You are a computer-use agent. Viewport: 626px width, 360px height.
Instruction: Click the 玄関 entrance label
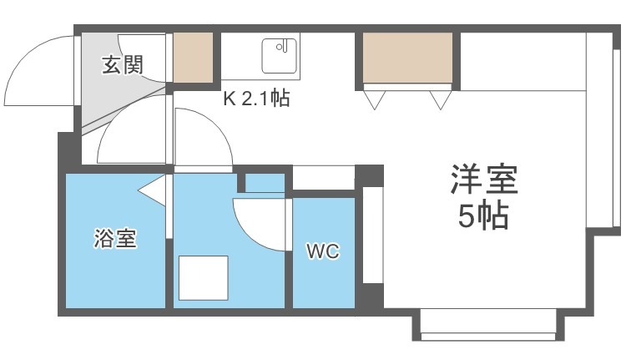(x=123, y=65)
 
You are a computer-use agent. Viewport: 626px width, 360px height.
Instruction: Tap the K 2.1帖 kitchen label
(x=255, y=99)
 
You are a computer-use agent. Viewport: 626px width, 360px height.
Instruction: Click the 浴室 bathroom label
(x=114, y=241)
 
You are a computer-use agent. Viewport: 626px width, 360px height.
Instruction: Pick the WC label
(x=322, y=251)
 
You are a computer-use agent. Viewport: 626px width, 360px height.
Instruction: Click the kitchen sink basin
(x=280, y=56)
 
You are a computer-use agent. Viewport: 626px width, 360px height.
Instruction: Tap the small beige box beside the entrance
(x=193, y=57)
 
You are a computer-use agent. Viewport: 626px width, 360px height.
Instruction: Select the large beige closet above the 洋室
(x=408, y=58)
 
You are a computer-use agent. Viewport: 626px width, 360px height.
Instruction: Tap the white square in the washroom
(x=204, y=278)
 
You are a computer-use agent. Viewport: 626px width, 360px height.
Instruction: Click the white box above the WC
(x=323, y=178)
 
